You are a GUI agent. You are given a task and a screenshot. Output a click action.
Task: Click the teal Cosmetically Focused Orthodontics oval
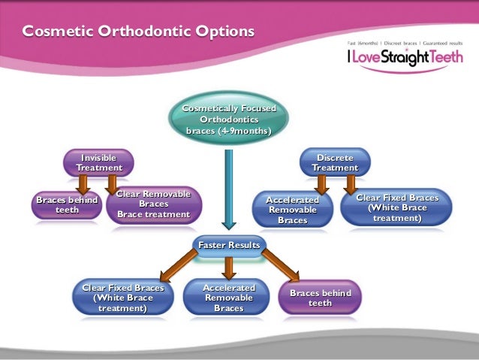[228, 118]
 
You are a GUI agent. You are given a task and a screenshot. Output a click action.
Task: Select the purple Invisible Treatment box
[98, 163]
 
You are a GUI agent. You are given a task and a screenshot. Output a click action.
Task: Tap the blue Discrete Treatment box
[335, 162]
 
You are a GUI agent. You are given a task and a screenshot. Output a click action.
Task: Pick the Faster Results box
[229, 245]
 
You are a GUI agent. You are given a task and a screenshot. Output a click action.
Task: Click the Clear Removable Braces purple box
[154, 204]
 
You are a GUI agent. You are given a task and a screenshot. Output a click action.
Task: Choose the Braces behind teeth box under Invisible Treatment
[67, 205]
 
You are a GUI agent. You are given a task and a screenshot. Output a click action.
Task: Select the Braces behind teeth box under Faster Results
[320, 298]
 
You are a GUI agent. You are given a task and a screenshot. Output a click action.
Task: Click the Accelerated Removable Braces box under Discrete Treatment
[292, 210]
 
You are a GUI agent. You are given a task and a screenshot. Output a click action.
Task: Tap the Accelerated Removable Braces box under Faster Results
[229, 298]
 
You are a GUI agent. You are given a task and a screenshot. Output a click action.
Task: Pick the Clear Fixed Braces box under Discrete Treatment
[396, 207]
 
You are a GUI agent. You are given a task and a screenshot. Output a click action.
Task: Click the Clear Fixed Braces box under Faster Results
[123, 298]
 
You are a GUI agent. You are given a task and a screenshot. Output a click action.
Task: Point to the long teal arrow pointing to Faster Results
[229, 189]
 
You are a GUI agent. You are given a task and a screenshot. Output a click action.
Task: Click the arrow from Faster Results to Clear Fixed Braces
[179, 265]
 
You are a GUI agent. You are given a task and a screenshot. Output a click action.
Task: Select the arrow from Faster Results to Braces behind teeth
[280, 265]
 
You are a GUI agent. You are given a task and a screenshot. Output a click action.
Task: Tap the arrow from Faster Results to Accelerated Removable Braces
[229, 268]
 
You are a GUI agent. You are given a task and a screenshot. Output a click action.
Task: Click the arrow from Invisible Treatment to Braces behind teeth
[83, 185]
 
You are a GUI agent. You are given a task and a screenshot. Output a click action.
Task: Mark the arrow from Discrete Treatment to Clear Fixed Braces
[351, 185]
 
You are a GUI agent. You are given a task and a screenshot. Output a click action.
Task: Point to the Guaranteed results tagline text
[443, 43]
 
